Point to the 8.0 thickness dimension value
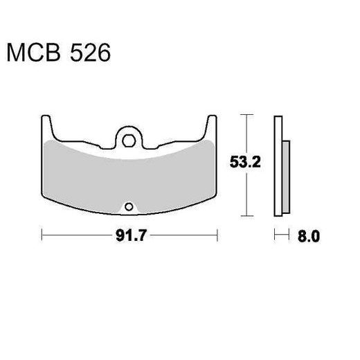click(309, 236)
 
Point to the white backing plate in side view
click(278, 166)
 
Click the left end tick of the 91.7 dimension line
click(42, 236)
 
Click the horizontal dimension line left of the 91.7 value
click(76, 236)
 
